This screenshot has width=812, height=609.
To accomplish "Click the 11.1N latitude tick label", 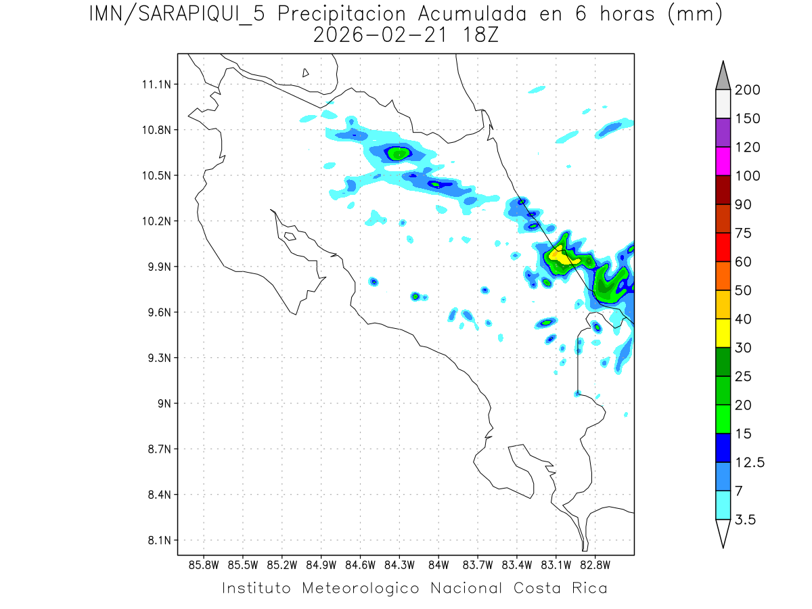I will (155, 85).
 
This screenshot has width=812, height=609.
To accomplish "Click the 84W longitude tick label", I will (438, 564).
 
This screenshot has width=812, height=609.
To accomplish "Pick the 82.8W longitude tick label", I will (595, 564).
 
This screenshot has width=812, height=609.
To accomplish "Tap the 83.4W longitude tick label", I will (517, 564).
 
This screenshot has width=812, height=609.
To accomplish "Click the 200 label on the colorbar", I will (748, 90).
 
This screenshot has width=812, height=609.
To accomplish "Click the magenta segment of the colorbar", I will (723, 161).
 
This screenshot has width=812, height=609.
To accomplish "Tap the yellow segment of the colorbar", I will (723, 333).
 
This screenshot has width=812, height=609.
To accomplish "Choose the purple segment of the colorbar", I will (723, 133).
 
